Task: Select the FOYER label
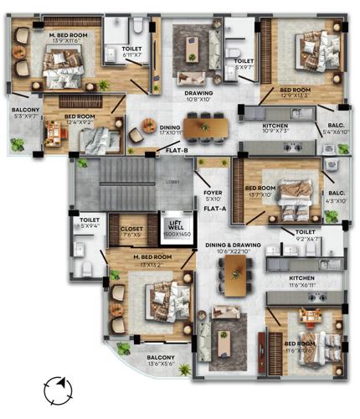point(213,195)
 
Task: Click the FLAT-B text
point(177,151)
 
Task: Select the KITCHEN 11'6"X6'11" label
point(302,281)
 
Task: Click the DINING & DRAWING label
point(234,248)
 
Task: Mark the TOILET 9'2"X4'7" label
point(306,235)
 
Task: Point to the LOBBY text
point(172,181)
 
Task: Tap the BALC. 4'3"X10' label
point(336,197)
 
